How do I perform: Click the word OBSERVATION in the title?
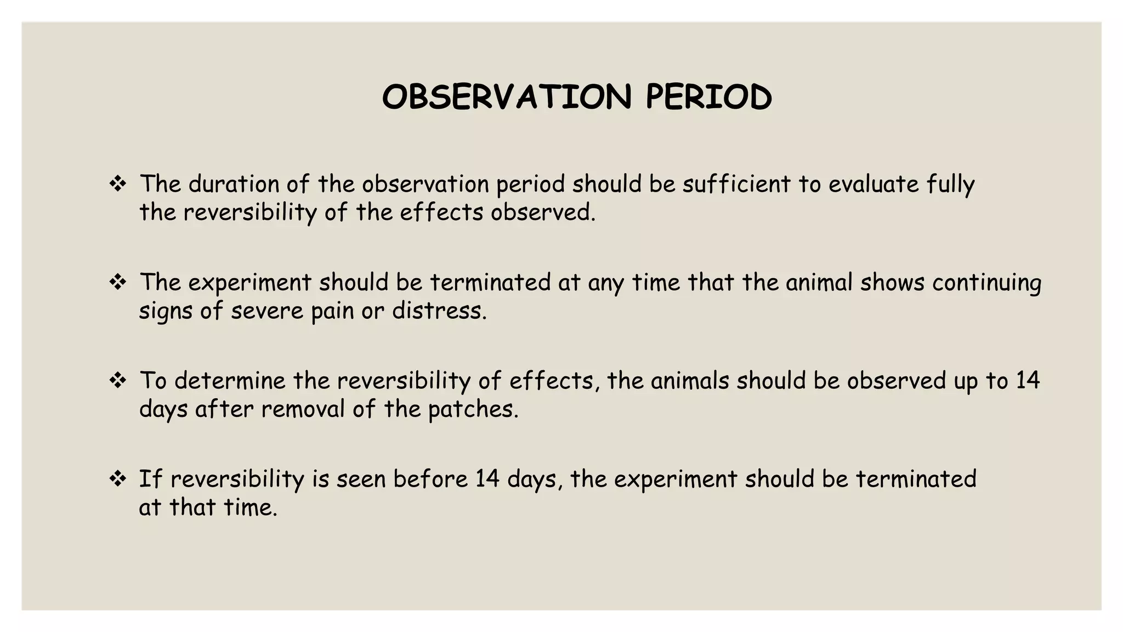click(507, 97)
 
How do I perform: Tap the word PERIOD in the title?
click(708, 97)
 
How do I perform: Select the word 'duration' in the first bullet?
click(234, 184)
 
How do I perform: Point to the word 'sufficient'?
click(736, 184)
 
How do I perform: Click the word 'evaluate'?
click(873, 184)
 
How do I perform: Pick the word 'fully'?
click(950, 185)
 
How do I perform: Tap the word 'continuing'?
click(986, 283)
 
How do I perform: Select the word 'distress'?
click(439, 311)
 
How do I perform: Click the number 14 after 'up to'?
click(1027, 381)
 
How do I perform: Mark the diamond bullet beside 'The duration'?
click(118, 184)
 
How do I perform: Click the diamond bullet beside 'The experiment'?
click(118, 283)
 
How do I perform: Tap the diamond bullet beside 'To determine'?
click(118, 380)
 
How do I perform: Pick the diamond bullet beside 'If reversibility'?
click(118, 479)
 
